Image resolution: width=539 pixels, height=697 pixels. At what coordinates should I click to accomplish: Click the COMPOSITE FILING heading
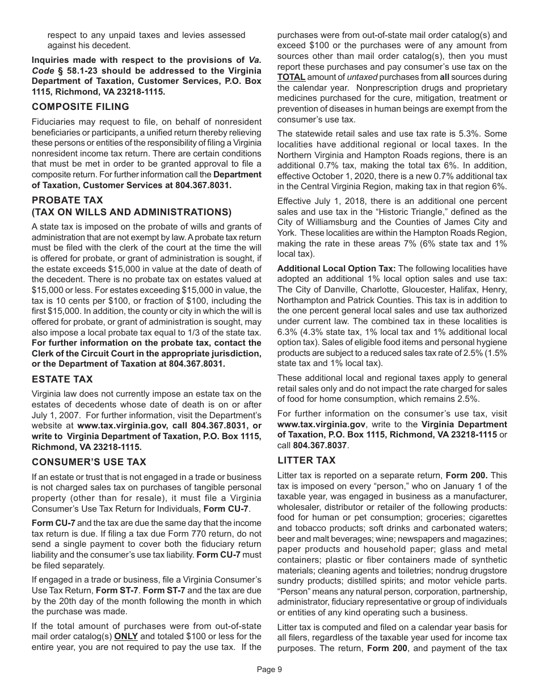(81, 107)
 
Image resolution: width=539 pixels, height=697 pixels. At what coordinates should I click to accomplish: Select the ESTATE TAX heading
(62, 379)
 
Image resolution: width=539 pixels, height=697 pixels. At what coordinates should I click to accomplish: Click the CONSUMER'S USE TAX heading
(89, 462)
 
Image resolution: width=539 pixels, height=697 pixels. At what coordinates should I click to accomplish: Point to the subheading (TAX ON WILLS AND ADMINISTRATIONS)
(132, 212)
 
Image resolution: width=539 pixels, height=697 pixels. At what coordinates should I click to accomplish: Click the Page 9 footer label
(269, 669)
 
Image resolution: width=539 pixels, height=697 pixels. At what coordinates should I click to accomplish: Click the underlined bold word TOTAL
(291, 76)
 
